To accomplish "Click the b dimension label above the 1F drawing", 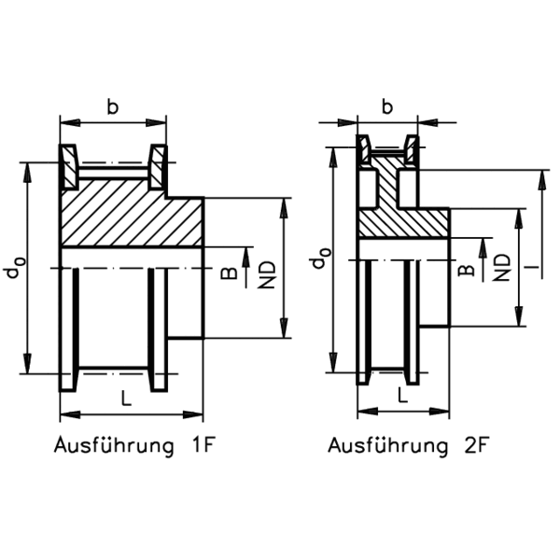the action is pyautogui.click(x=113, y=106).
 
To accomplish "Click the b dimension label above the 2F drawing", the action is pyautogui.click(x=387, y=106).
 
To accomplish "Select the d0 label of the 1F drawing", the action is pyautogui.click(x=15, y=267).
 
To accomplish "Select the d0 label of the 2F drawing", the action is pyautogui.click(x=321, y=258).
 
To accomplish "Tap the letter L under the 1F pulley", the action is pyautogui.click(x=126, y=398).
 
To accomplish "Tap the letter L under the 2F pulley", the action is pyautogui.click(x=403, y=396).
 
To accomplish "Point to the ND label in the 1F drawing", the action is pyautogui.click(x=267, y=274).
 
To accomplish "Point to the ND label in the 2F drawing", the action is pyautogui.click(x=502, y=267).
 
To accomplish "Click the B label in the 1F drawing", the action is pyautogui.click(x=229, y=273).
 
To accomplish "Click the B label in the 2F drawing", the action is pyautogui.click(x=467, y=271).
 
